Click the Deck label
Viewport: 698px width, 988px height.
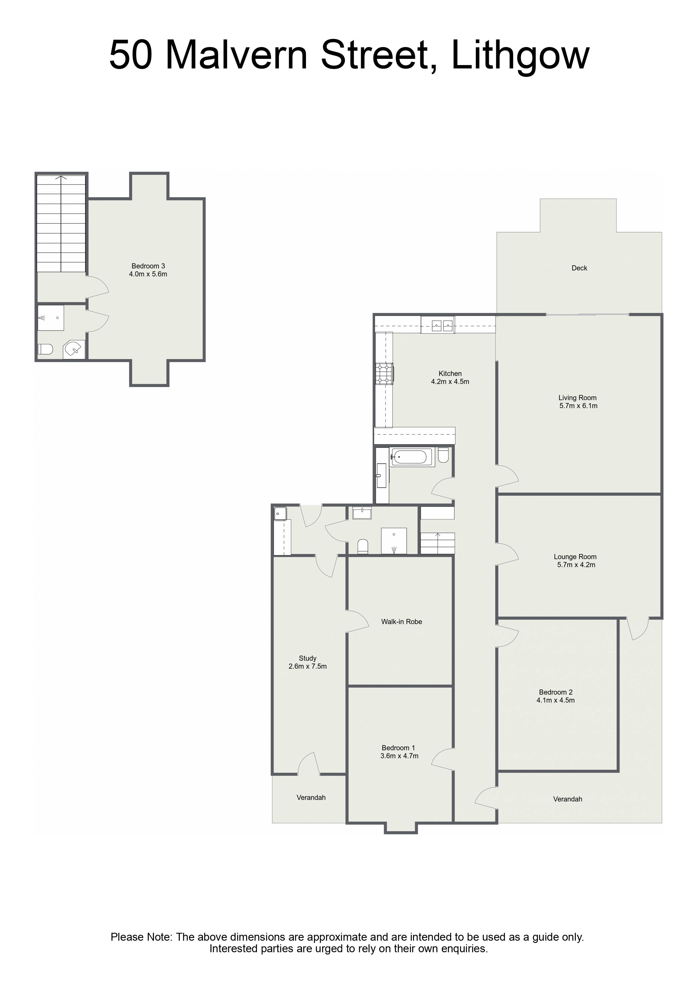579,268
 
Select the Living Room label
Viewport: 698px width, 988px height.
578,398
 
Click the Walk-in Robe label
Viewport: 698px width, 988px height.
401,622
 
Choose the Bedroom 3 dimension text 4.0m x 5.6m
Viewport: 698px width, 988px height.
148,274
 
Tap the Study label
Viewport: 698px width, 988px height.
308,658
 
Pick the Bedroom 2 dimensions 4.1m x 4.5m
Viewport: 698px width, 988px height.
556,700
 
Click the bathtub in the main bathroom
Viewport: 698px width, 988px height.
411,457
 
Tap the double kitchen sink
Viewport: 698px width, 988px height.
442,325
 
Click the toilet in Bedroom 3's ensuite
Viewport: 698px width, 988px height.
45,349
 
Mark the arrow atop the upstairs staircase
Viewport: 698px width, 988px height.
61,224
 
